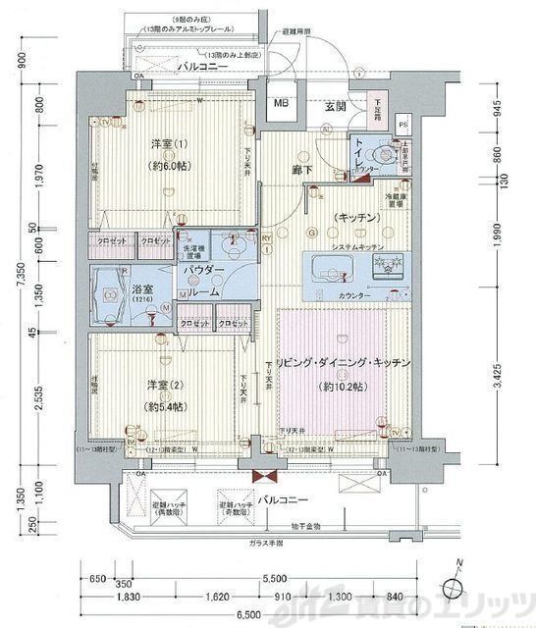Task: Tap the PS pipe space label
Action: [x=402, y=125]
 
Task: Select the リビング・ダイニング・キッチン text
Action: [x=344, y=364]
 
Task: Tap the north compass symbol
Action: [x=455, y=587]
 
